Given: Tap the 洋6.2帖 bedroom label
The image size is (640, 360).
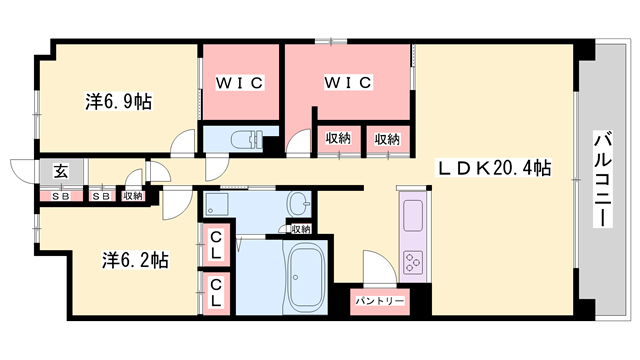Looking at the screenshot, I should tap(134, 261).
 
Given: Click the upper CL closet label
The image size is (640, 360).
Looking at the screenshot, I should tap(216, 244).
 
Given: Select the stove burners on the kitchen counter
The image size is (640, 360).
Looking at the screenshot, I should tap(413, 262).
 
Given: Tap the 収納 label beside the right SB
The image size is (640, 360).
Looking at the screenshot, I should tap(133, 196).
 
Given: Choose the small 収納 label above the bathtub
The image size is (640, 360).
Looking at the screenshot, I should tap(301, 230).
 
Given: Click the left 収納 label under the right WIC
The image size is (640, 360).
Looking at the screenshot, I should tap(337, 139).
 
